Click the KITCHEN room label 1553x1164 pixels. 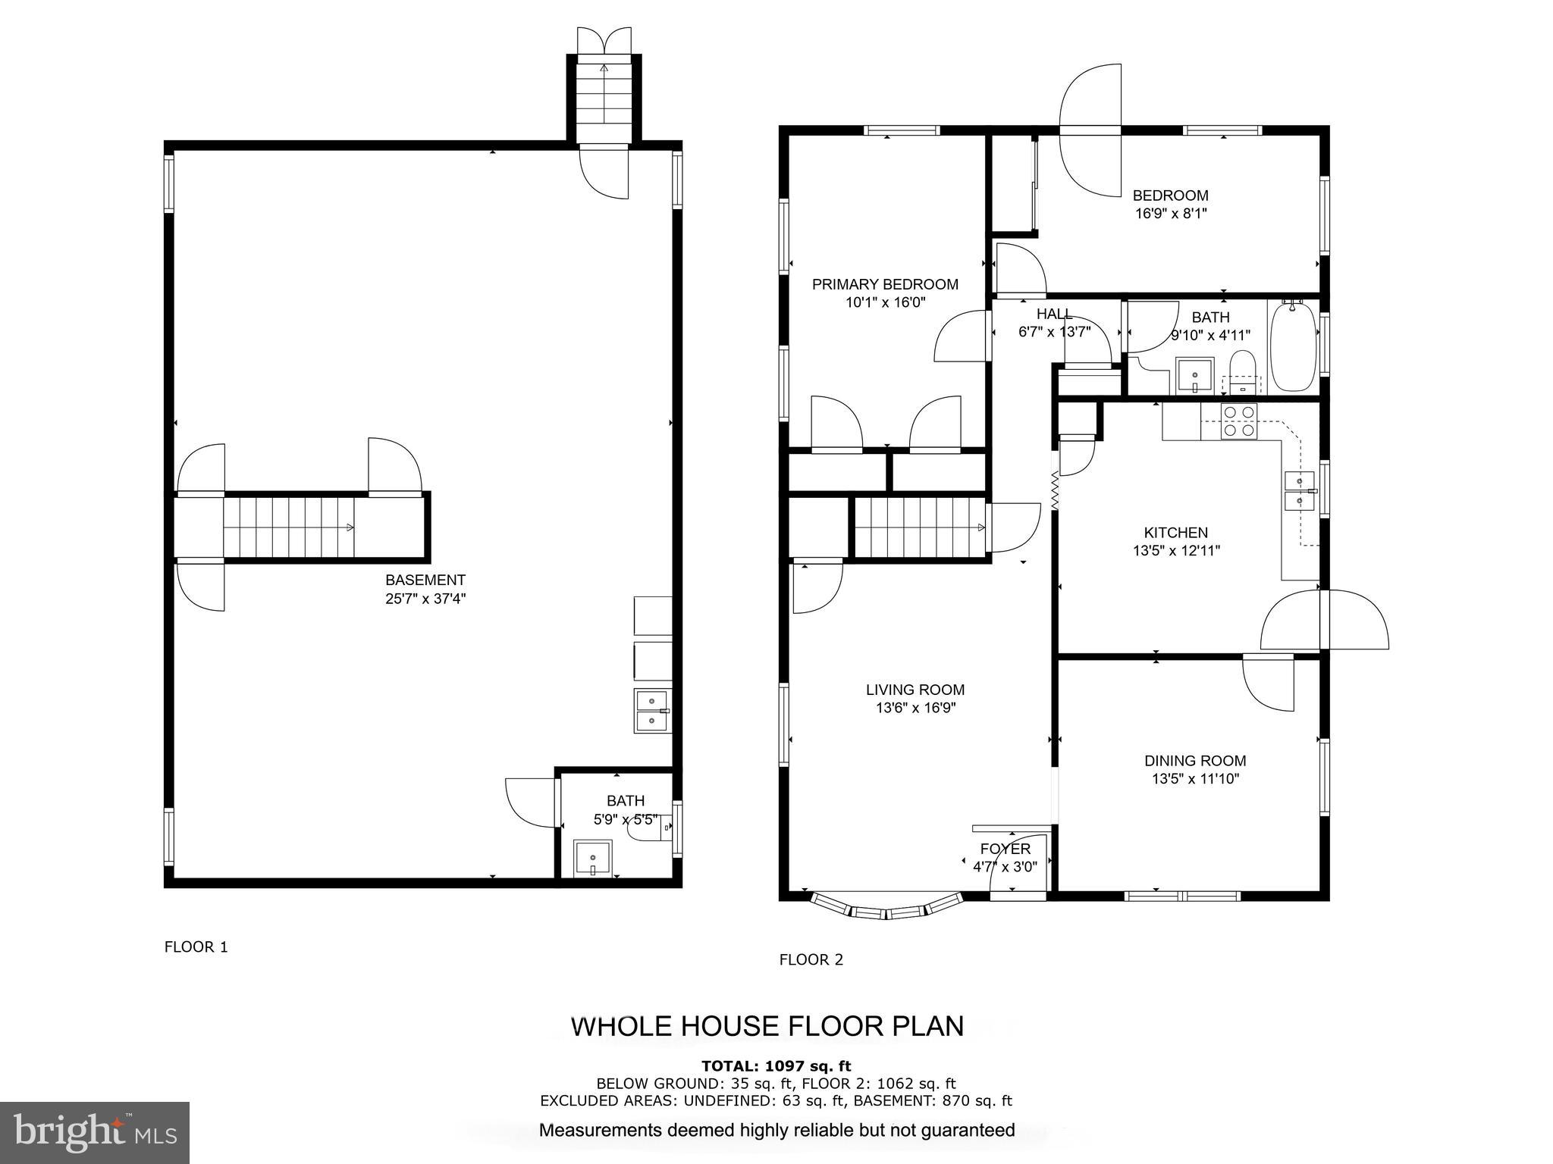pyautogui.click(x=1175, y=533)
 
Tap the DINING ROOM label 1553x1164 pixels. pyautogui.click(x=1195, y=761)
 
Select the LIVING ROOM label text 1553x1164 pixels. pyautogui.click(x=915, y=690)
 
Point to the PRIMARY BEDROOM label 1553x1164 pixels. pyautogui.click(x=885, y=284)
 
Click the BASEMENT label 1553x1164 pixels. pyautogui.click(x=425, y=580)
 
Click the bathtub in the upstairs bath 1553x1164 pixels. pyautogui.click(x=1294, y=346)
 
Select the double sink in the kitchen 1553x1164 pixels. pyautogui.click(x=1300, y=491)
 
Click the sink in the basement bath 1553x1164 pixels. pyautogui.click(x=592, y=858)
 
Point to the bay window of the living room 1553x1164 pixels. pyautogui.click(x=886, y=906)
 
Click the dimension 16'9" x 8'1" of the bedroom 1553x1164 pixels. pyautogui.click(x=1171, y=214)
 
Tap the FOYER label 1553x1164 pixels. pyautogui.click(x=1006, y=849)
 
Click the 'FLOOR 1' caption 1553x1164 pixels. pyautogui.click(x=196, y=947)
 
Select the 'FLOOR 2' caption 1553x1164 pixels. pyautogui.click(x=811, y=959)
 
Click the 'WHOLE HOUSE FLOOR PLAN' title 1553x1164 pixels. pyautogui.click(x=767, y=1026)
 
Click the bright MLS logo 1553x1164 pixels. pyautogui.click(x=95, y=1133)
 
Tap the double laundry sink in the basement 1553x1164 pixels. pyautogui.click(x=653, y=711)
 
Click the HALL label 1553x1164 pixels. pyautogui.click(x=1055, y=314)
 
